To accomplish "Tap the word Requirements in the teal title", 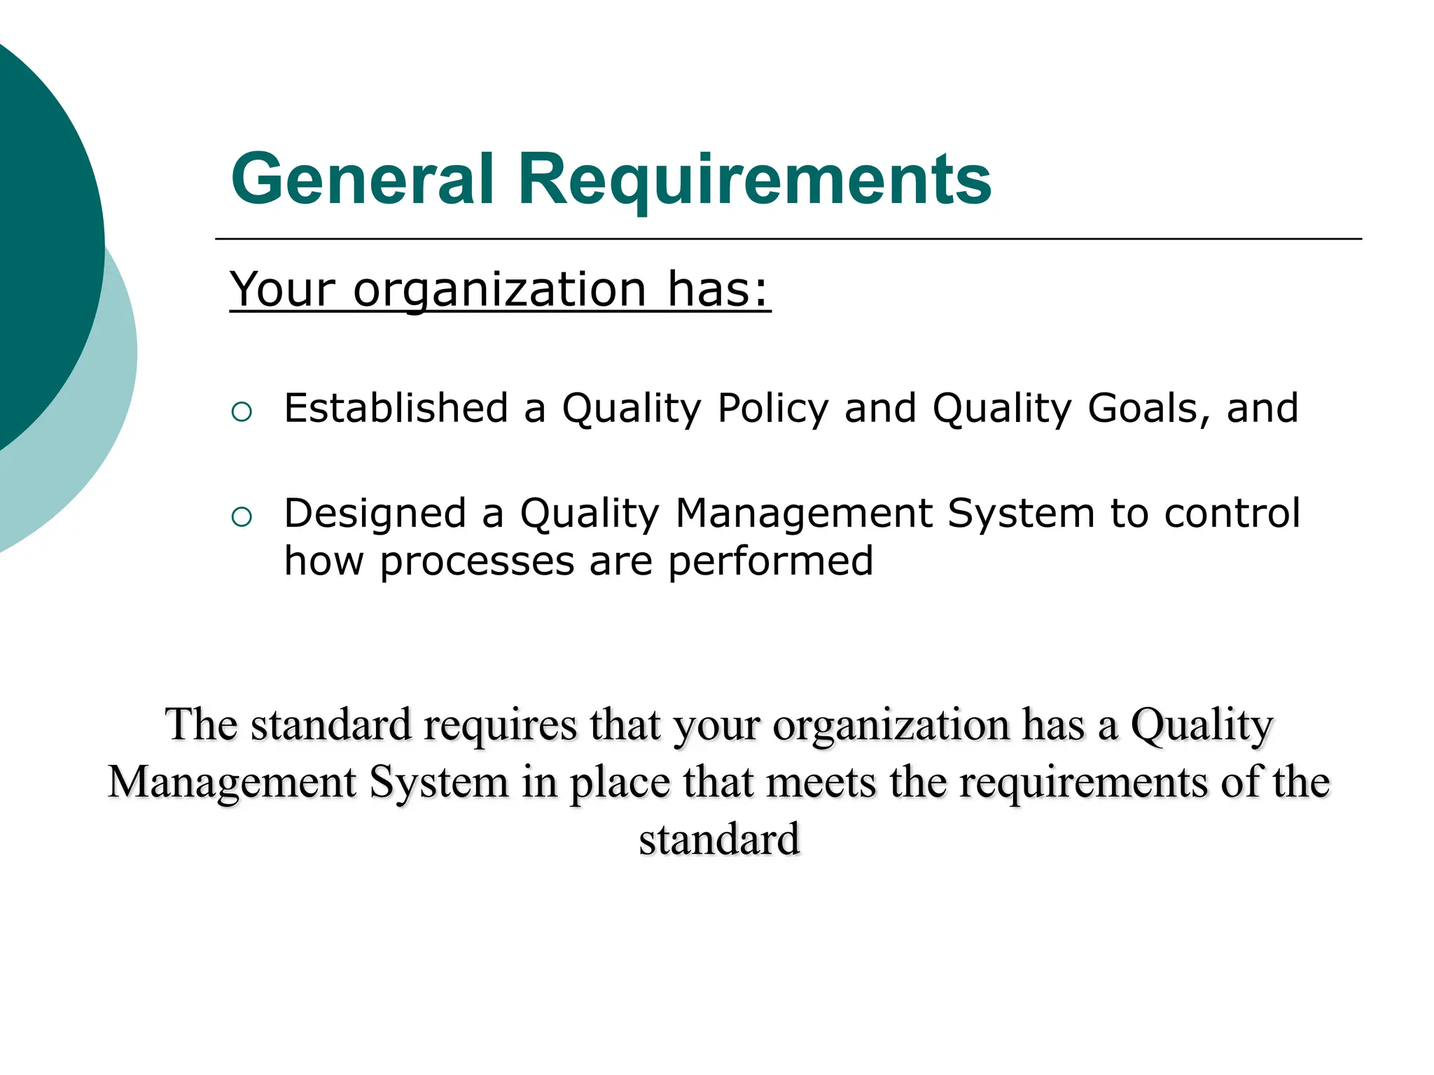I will tap(754, 181).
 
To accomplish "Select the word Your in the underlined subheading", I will tap(283, 289).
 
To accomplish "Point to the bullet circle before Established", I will tap(241, 412).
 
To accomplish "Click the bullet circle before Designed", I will tap(241, 517).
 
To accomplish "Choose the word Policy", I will tap(772, 409).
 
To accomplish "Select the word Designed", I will tap(375, 513).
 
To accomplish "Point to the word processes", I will tap(477, 562).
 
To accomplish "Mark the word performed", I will tap(770, 562).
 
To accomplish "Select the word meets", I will tap(821, 783).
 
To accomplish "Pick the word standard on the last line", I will tap(718, 839).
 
